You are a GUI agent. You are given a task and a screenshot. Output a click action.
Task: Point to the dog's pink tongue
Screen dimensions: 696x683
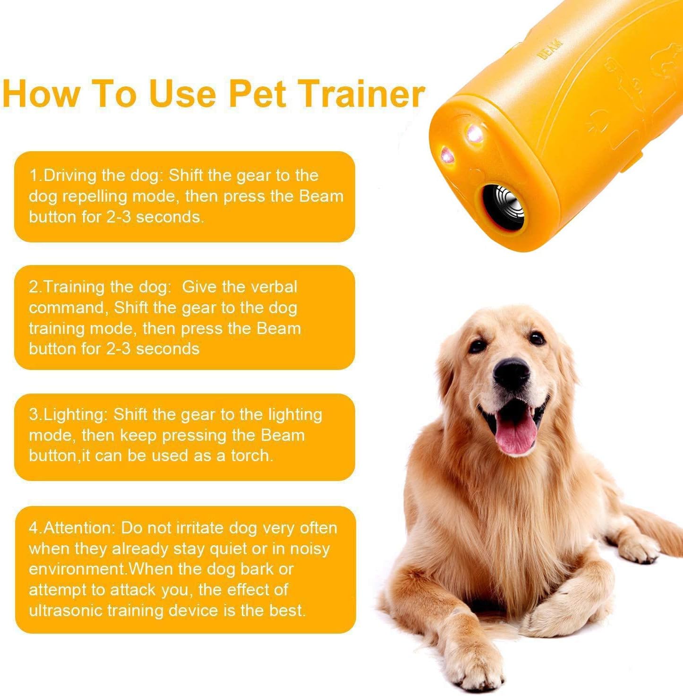pyautogui.click(x=515, y=431)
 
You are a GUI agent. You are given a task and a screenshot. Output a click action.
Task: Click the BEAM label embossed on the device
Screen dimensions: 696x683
pyautogui.click(x=551, y=49)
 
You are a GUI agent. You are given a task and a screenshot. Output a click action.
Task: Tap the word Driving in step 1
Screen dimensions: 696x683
pyautogui.click(x=69, y=176)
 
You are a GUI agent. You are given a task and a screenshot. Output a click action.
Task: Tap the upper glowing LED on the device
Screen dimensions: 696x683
pyautogui.click(x=475, y=133)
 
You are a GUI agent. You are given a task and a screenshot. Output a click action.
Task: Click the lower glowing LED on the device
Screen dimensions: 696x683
pyautogui.click(x=447, y=155)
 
